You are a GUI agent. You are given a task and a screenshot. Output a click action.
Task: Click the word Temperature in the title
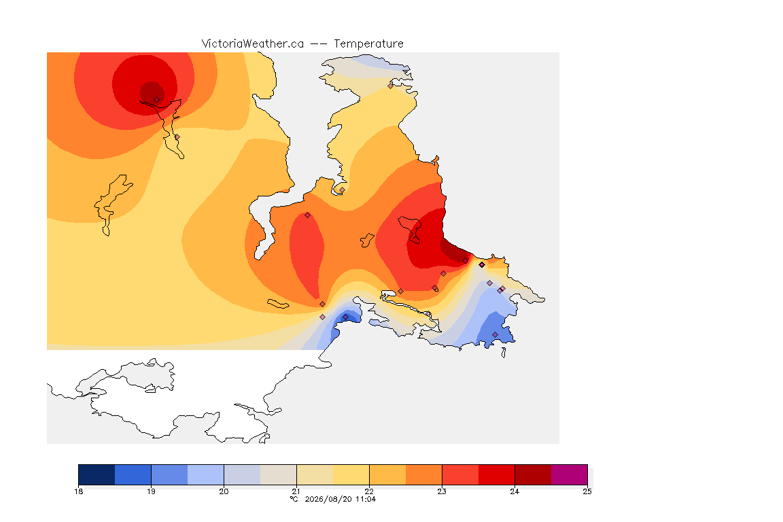368,44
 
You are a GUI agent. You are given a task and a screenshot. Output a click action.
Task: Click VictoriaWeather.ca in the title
253,44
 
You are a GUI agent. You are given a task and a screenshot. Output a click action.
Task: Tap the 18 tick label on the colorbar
79,491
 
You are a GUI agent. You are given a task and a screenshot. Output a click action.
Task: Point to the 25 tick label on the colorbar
587,491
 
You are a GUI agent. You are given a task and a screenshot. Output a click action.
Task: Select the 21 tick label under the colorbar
296,491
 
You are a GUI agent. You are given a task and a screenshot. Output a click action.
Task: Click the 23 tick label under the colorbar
442,491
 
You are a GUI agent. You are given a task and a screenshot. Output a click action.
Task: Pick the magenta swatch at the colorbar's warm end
570,474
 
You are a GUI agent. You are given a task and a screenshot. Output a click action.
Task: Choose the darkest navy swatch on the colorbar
97,474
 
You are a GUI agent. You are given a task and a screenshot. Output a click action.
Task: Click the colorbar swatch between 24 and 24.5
533,474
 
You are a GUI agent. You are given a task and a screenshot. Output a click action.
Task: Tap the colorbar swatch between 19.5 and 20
206,474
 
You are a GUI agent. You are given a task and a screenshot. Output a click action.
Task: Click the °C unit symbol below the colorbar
294,499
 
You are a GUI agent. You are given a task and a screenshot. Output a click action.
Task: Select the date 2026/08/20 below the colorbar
328,499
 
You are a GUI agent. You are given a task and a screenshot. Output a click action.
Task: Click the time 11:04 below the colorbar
366,499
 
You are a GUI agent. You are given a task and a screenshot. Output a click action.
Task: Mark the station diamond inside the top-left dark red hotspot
157,100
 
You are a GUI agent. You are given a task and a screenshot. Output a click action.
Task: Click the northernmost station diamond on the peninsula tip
391,86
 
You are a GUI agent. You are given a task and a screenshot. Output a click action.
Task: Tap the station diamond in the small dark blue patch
345,317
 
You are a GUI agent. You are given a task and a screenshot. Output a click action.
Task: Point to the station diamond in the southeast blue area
495,334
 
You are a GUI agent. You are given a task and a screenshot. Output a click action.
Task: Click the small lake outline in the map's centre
367,241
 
